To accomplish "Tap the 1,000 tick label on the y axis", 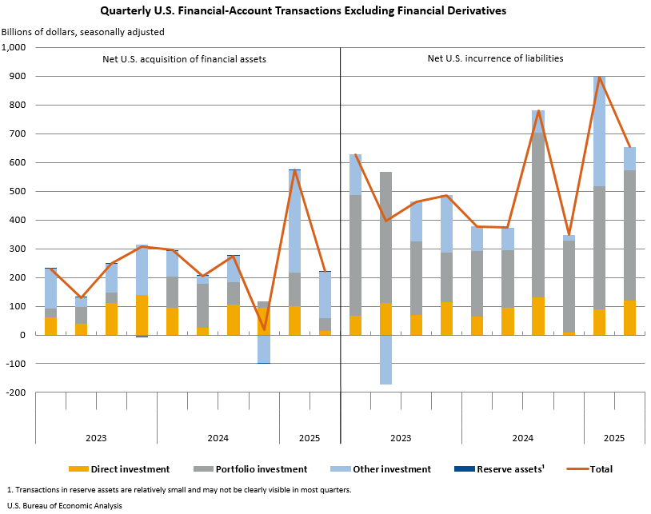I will coord(15,47).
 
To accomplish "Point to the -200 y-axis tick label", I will coord(18,392).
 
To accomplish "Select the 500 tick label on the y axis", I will coord(20,191).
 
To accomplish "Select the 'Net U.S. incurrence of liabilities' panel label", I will coord(495,58).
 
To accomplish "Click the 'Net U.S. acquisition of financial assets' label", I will coord(184,59).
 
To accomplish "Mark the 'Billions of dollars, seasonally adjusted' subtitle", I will coord(82,32).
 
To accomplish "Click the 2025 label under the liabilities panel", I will coord(613,438).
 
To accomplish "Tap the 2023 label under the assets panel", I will coord(96,438).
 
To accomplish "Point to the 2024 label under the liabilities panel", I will coord(522,438).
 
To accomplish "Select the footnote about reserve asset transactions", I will coord(178,489).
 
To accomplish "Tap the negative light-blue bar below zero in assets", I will coord(263,349).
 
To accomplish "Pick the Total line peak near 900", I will coord(598,77).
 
